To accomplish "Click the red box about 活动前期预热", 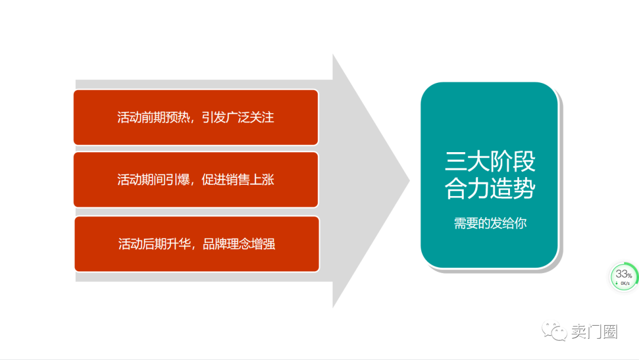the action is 196,117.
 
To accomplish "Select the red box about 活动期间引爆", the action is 196,179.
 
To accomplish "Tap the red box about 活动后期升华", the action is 197,244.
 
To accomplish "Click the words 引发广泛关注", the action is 238,117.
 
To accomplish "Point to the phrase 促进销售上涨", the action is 238,179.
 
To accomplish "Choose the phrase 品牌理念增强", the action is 239,244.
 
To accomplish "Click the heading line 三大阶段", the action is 490,162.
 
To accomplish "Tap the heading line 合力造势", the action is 490,188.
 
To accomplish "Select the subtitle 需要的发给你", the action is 490,223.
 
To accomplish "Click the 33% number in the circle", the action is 624,274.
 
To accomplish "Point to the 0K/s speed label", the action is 625,284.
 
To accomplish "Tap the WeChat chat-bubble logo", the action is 554,330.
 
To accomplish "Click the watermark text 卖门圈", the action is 594,332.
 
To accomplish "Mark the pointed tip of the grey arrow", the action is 409,180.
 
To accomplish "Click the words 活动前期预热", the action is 154,117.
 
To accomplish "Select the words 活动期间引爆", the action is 154,179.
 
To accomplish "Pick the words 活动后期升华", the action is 155,244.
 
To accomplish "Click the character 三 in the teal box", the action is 456,162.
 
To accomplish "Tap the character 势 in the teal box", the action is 524,188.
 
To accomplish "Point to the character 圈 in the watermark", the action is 610,332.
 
